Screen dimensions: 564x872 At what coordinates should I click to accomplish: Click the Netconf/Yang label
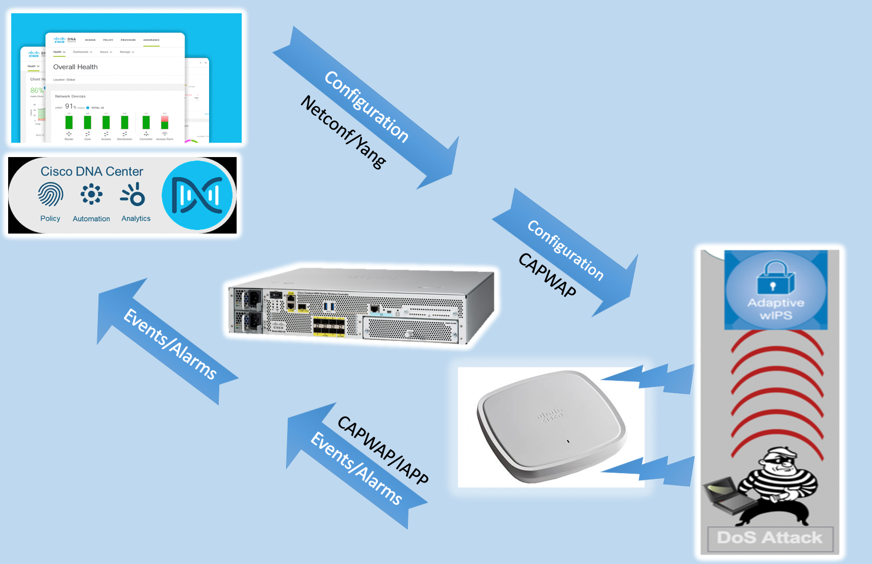(343, 132)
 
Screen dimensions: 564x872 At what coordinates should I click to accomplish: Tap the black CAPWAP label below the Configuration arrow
(547, 275)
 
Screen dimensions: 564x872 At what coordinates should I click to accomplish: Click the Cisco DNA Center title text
(92, 171)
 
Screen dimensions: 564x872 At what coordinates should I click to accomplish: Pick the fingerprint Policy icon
(50, 195)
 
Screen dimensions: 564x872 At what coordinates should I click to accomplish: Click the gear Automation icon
(91, 194)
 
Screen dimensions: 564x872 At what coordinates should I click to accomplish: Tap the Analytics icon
(134, 195)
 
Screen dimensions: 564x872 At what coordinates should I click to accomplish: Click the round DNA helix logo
(197, 195)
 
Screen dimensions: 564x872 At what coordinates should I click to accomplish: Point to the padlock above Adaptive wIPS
(776, 278)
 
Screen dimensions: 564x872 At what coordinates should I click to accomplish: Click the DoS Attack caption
(770, 538)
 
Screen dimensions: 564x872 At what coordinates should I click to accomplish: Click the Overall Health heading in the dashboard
(75, 67)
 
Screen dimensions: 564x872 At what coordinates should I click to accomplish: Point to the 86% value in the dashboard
(37, 90)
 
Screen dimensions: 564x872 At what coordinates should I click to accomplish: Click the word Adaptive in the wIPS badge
(776, 303)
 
